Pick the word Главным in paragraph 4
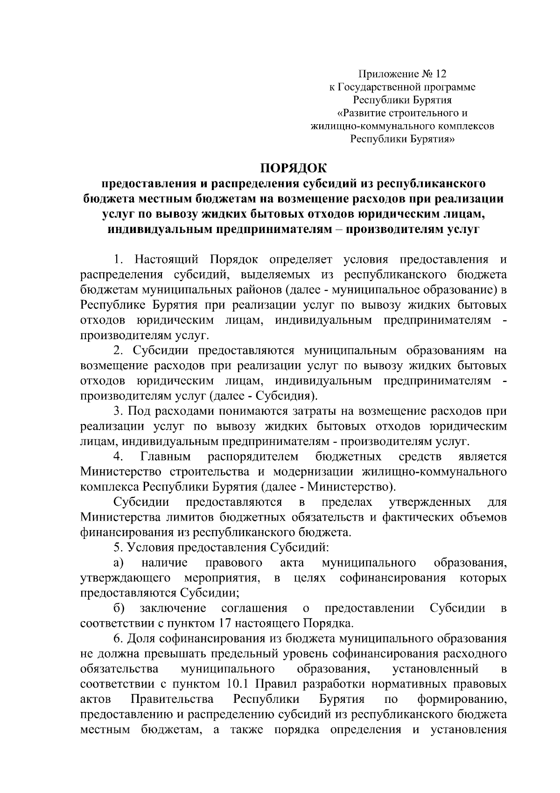[165, 456]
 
